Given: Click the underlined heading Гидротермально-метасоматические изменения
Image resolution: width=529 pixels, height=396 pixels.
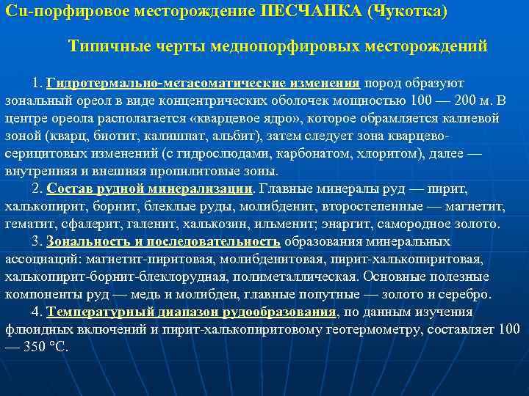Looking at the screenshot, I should click(203, 83).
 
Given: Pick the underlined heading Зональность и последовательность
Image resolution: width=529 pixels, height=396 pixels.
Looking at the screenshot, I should click(163, 241).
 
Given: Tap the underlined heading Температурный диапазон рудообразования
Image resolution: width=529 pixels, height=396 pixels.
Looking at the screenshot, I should click(191, 312).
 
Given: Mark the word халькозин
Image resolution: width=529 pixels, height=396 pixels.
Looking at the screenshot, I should click(242, 224).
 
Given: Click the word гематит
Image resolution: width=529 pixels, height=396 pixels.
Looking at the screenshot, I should click(29, 224).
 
